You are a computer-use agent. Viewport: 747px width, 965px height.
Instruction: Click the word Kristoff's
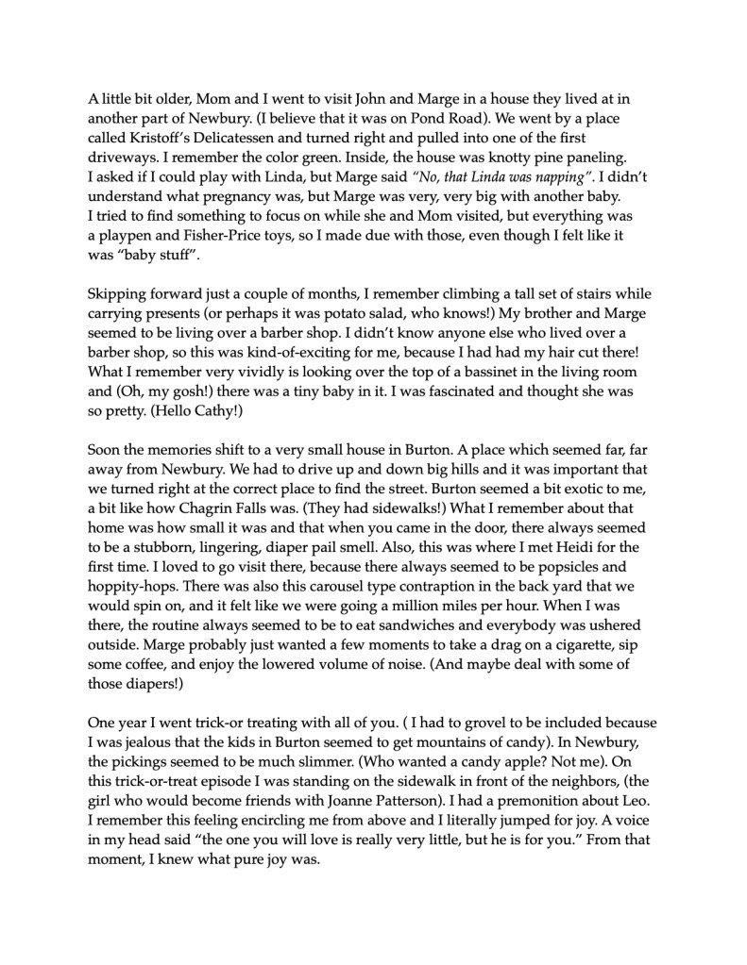165,137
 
